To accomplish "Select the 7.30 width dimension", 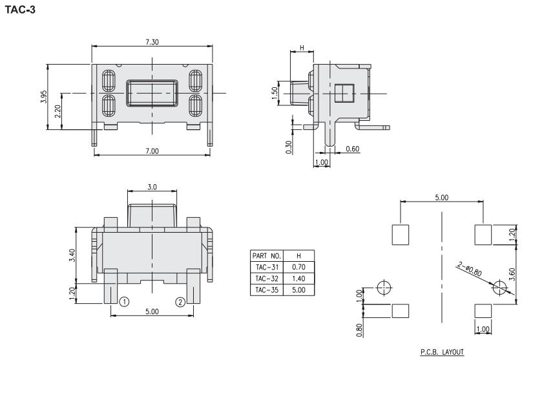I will pyautogui.click(x=152, y=41).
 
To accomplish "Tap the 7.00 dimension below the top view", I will pyautogui.click(x=152, y=151).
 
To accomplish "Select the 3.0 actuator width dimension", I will pyautogui.click(x=152, y=187).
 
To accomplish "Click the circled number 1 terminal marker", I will pyautogui.click(x=123, y=302).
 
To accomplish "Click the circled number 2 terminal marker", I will pyautogui.click(x=181, y=302).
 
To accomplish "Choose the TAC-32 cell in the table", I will pyautogui.click(x=266, y=279).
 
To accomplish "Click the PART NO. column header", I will pyautogui.click(x=266, y=255).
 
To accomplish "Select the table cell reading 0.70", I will pyautogui.click(x=299, y=267).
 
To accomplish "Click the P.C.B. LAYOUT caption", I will pyautogui.click(x=441, y=352).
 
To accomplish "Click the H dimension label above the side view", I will pyautogui.click(x=302, y=49).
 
